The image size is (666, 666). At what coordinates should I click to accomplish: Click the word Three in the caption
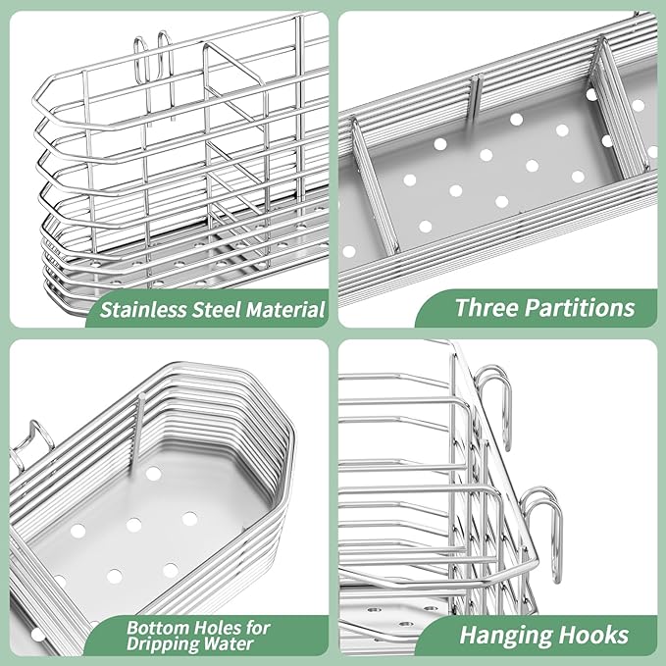coord(487,308)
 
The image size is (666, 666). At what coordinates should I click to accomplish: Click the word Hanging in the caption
coord(502,634)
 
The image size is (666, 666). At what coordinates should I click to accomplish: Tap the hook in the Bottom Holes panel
coord(29,441)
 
